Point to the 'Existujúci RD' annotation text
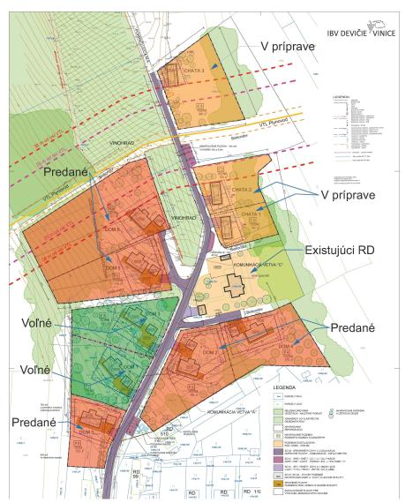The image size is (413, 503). pos(352,251)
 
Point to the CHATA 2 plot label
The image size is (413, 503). pos(242,191)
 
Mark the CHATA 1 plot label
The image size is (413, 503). pos(252,214)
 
